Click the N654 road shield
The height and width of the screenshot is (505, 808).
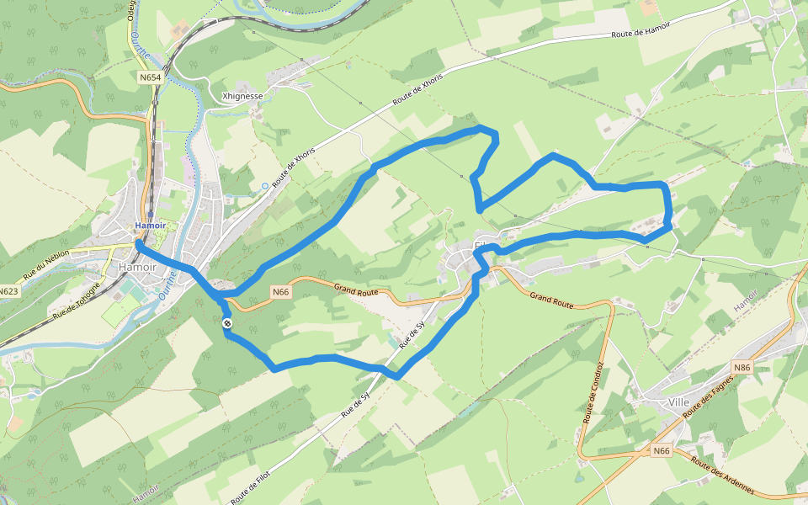(150, 77)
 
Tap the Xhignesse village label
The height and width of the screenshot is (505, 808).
(242, 97)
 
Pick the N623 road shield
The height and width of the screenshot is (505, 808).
(9, 292)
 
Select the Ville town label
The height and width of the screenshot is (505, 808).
(678, 402)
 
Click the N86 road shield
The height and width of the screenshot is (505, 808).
(741, 368)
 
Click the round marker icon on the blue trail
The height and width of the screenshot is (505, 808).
(227, 323)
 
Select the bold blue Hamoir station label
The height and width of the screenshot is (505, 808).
(151, 226)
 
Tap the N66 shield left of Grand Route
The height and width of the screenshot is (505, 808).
(281, 292)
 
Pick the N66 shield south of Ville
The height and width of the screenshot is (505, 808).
(662, 451)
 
